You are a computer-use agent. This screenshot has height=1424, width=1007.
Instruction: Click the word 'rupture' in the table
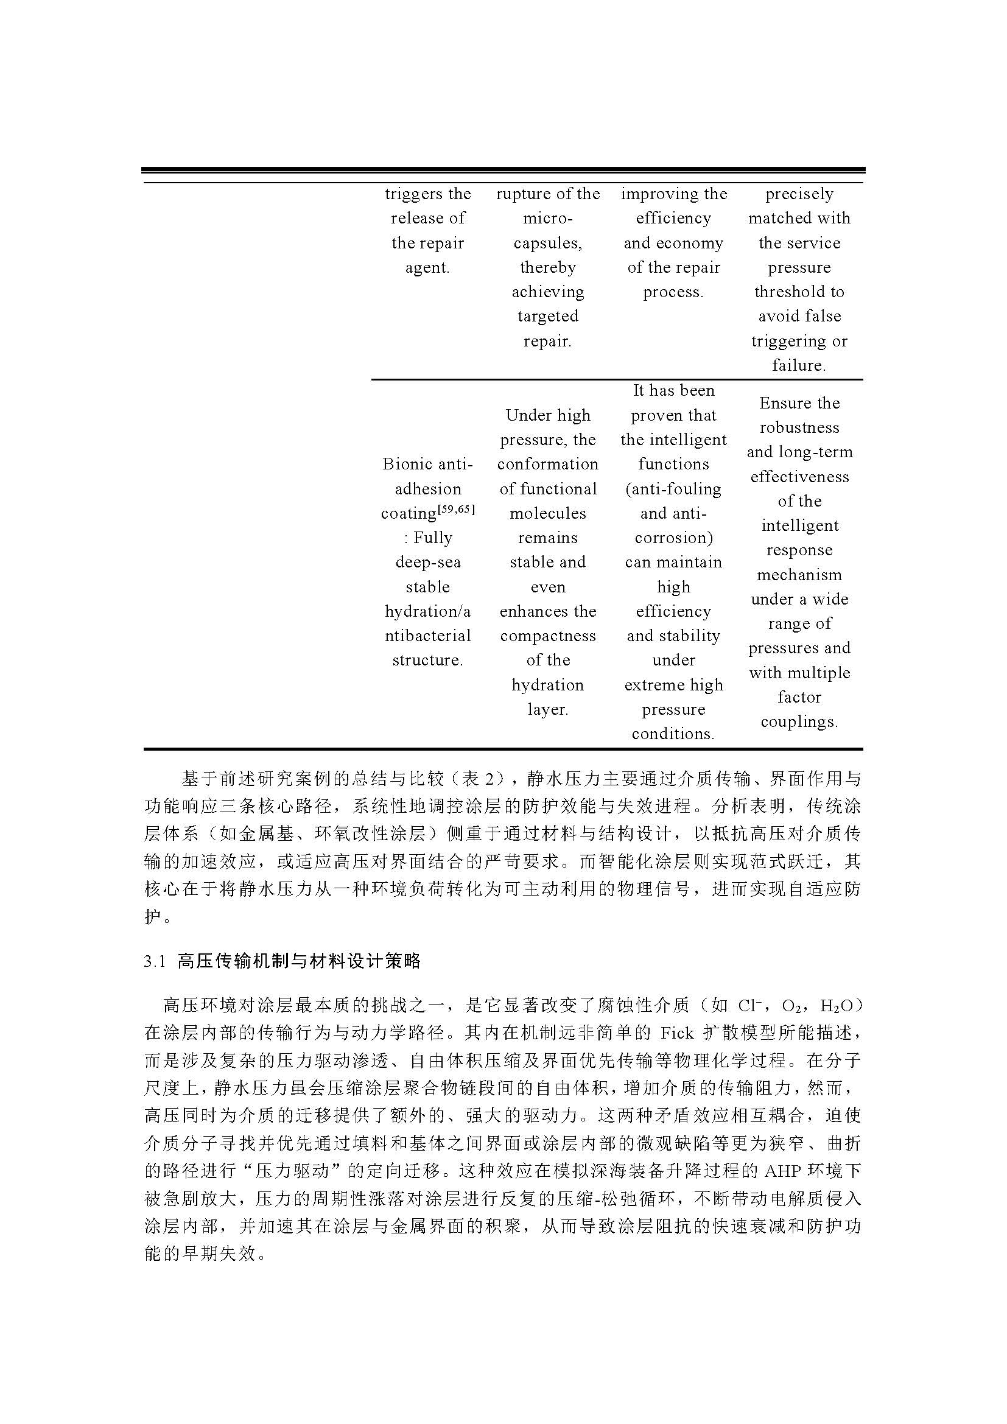516,194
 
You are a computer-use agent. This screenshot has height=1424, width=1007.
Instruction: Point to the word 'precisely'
799,194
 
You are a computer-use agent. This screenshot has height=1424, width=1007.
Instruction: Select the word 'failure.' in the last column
799,365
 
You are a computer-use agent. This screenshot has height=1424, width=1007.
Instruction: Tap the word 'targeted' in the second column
547,317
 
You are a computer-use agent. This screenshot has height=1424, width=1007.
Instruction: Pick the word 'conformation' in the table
547,464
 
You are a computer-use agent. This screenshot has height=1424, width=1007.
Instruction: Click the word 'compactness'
547,636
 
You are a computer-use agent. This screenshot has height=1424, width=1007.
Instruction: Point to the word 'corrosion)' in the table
673,538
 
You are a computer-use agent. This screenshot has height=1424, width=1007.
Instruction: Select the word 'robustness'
799,427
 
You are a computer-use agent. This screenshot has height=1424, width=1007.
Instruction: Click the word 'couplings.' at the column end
799,722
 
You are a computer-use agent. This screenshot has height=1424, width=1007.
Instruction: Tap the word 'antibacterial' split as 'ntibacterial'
428,636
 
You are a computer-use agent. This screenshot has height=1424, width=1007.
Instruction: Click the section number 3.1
155,962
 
